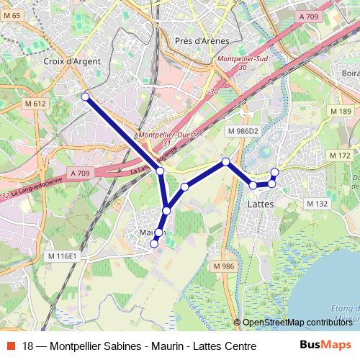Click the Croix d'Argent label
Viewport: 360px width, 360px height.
[x=72, y=62]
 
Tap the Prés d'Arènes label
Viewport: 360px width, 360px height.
[x=202, y=41]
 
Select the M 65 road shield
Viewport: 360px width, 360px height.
[x=12, y=14]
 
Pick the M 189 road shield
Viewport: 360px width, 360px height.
[x=341, y=111]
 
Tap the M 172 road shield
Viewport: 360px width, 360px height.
[x=339, y=156]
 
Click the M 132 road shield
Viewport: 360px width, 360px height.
[x=317, y=204]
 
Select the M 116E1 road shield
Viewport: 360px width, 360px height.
[x=63, y=256]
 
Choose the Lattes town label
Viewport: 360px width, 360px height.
[x=260, y=204]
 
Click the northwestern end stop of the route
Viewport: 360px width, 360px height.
[x=85, y=96]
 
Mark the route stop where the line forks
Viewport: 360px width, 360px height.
[x=161, y=171]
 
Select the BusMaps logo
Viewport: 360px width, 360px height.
[x=325, y=346]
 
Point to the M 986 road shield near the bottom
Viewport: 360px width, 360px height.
[x=224, y=266]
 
